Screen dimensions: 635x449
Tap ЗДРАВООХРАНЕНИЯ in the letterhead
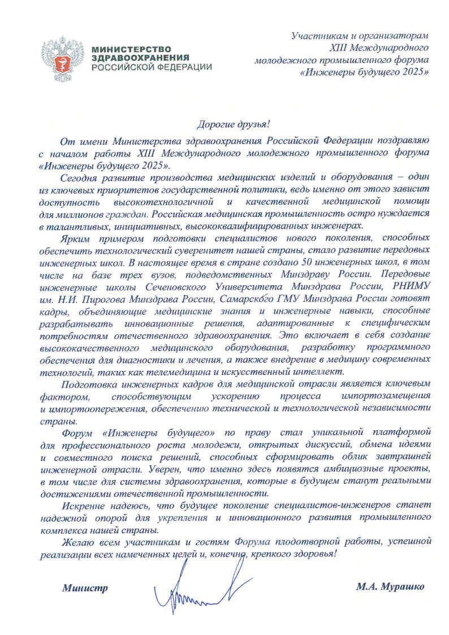(x=140, y=58)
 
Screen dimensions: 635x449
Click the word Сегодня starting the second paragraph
(x=79, y=178)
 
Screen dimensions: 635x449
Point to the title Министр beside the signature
(x=85, y=588)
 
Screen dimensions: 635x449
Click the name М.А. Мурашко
(x=390, y=586)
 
